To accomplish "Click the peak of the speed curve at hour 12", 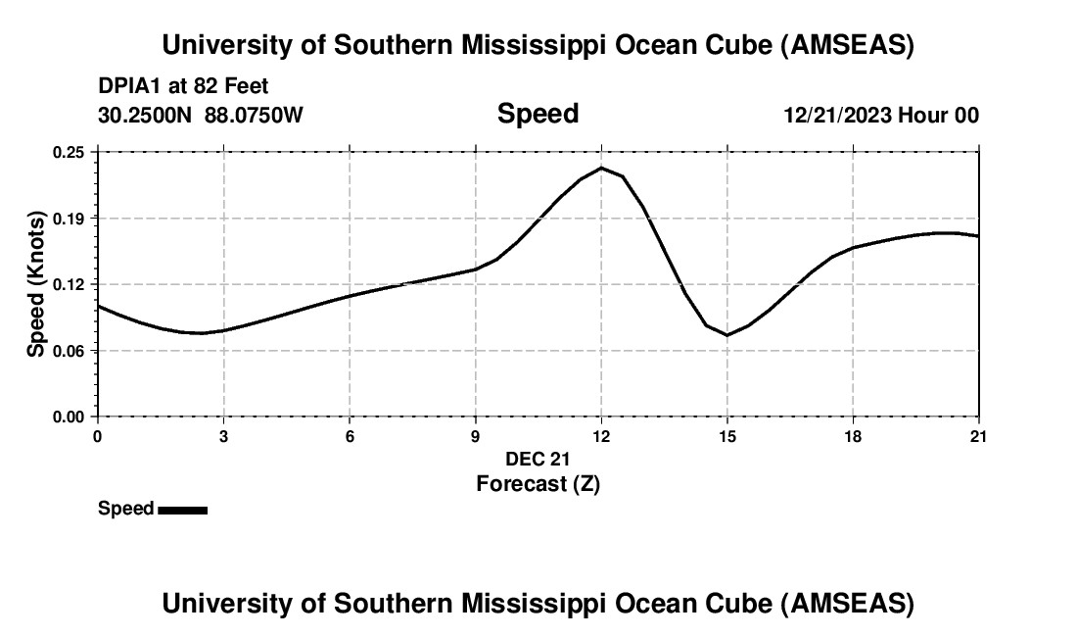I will pos(601,169).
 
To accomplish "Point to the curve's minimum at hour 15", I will pos(727,335).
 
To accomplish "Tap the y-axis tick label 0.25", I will pos(70,152).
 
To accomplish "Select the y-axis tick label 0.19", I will pos(70,218).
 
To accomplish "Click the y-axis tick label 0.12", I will pos(70,284).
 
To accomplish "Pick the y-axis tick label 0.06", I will pos(70,350).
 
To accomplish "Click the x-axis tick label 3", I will pos(223,436).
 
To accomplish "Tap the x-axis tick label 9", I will pos(476,436).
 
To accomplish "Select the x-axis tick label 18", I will pos(853,436).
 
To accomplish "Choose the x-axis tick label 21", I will pos(979,436).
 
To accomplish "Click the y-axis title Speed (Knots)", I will pos(35,283).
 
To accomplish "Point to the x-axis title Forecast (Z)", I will pos(538,483).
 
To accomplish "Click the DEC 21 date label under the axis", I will pos(538,459).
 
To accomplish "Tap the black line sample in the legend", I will pos(182,510).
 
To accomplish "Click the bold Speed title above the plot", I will pos(538,114).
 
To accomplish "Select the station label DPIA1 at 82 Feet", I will pos(183,86).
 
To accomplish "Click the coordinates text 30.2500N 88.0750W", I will pos(201,116).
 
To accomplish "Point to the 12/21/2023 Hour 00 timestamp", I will pos(881,116).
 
